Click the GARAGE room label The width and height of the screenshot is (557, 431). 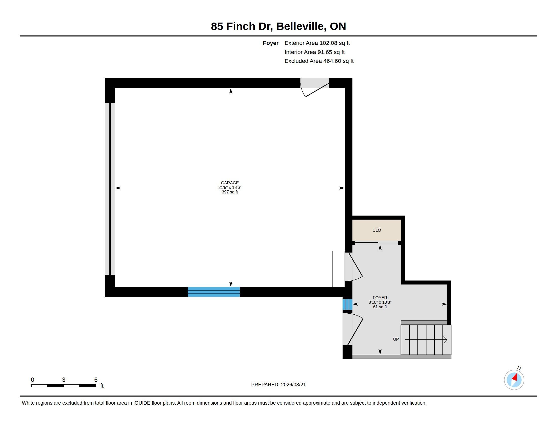click(x=230, y=183)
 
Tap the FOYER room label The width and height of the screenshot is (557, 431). click(x=380, y=298)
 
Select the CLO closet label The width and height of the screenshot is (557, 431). click(x=376, y=230)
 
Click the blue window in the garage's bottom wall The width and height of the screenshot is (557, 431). click(x=214, y=292)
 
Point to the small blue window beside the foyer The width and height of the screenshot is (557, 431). click(x=347, y=304)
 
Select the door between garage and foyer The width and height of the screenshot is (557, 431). click(x=353, y=266)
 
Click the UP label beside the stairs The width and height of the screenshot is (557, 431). click(x=396, y=339)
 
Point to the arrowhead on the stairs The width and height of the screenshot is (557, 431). click(x=445, y=339)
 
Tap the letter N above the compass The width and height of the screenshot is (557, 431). click(x=519, y=368)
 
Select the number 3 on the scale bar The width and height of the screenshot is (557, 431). click(x=64, y=380)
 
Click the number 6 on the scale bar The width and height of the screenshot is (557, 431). click(x=96, y=380)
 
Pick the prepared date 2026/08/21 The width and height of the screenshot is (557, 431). click(x=293, y=385)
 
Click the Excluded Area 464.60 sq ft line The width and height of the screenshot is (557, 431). click(x=319, y=61)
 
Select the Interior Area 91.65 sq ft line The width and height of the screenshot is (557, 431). click(x=314, y=52)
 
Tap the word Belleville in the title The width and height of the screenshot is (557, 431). click(x=301, y=26)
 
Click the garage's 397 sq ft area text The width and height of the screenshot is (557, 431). click(x=230, y=192)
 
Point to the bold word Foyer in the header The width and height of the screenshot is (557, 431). click(x=271, y=43)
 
